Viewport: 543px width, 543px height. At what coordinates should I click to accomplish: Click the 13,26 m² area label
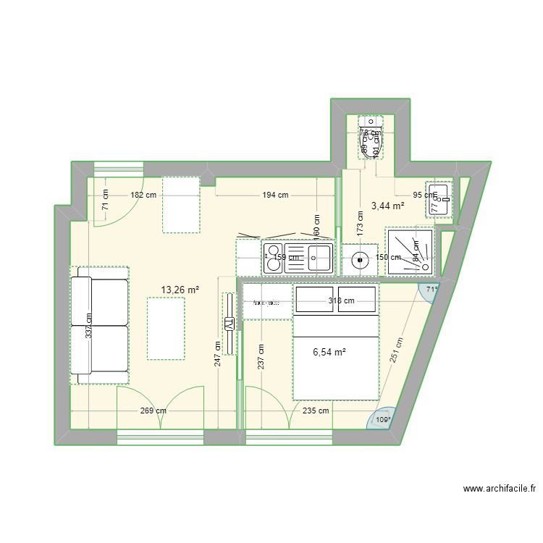tap(180, 290)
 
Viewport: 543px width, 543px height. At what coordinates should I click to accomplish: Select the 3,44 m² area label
tap(387, 206)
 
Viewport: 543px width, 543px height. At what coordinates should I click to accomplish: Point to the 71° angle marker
tap(432, 290)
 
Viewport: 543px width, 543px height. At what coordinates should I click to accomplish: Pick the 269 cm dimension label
tap(152, 411)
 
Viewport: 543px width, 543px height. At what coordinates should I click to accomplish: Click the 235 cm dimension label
tap(315, 411)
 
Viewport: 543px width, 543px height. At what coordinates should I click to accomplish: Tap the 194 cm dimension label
tap(274, 195)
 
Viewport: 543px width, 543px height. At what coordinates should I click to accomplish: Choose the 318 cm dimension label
tap(340, 301)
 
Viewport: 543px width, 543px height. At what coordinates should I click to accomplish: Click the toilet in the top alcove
tap(371, 139)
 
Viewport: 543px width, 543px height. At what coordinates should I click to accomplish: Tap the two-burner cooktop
tap(274, 258)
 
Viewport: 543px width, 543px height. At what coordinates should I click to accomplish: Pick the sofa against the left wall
tap(99, 325)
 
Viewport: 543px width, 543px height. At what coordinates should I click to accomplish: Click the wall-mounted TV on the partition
tap(230, 324)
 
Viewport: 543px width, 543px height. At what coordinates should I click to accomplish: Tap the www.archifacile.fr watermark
tap(500, 489)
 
